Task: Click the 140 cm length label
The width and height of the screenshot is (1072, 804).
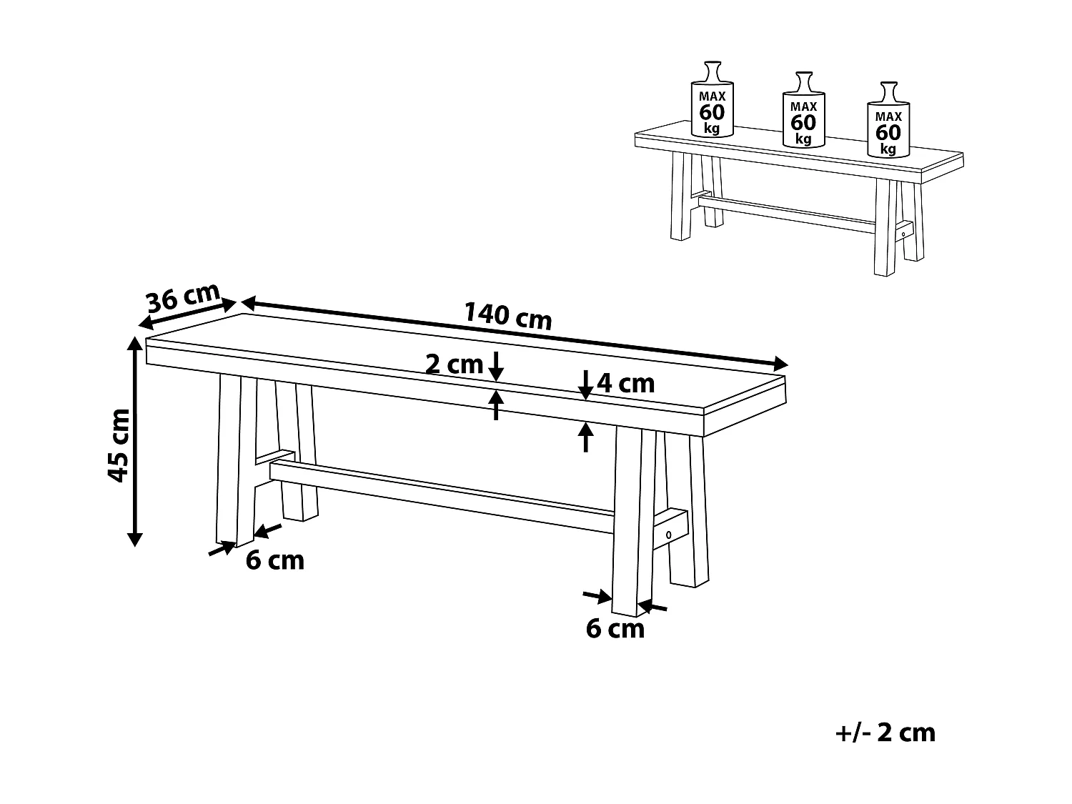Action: pos(508,315)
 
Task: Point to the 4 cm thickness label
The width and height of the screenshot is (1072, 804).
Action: pos(625,384)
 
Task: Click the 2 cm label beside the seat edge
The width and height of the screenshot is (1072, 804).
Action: pos(454,364)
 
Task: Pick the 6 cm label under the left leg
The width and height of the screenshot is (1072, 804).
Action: pos(275,560)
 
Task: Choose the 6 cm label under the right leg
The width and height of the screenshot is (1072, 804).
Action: pos(615,628)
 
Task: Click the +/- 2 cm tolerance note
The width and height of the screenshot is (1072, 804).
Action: pos(885,733)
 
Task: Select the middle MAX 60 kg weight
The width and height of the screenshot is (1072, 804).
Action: pos(803,111)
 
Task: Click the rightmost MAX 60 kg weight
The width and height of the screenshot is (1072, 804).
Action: pos(888,122)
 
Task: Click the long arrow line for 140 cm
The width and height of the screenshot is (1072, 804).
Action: pos(515,333)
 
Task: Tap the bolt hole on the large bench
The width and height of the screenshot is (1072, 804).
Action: pos(669,535)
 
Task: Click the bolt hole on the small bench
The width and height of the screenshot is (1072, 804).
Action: pos(903,232)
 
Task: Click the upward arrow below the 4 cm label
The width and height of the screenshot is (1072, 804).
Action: pos(585,437)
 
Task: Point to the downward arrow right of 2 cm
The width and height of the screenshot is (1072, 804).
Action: pos(496,366)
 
